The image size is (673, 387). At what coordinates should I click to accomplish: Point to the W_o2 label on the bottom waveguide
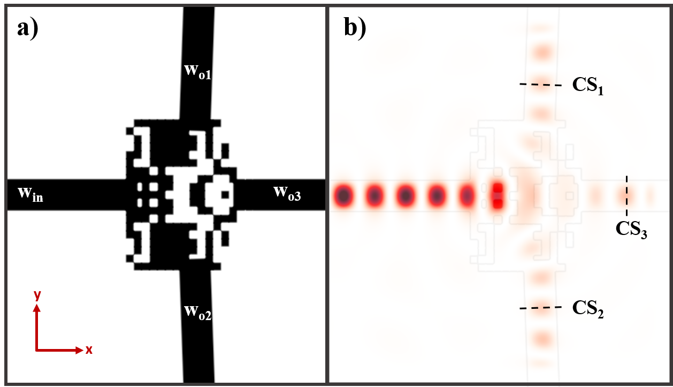coord(198,312)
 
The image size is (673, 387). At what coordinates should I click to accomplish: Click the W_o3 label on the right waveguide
coord(287,193)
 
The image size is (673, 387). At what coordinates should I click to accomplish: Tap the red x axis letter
coord(89,350)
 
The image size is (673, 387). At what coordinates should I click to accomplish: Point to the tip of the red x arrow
coord(80,350)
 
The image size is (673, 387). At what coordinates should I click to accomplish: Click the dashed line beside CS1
coord(540,85)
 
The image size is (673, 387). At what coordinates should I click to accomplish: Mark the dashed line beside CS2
coord(540,308)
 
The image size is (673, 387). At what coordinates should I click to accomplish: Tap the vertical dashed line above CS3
coord(627,195)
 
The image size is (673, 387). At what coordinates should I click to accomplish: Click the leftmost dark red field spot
coord(343,196)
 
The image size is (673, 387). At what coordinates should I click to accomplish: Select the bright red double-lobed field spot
coord(498,195)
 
